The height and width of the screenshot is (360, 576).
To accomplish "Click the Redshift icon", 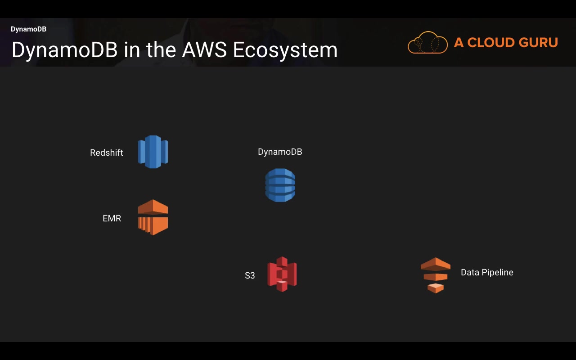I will [x=153, y=152].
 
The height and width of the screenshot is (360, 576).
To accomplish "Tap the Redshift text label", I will [x=107, y=153].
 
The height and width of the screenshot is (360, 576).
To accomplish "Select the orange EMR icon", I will [x=153, y=218].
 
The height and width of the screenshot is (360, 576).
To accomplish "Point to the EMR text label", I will [x=112, y=219].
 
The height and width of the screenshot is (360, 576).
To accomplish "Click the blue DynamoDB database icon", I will [x=280, y=185].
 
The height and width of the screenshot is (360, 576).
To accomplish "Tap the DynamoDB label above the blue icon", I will [x=280, y=152].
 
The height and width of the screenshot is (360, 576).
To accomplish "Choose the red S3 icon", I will [x=282, y=274].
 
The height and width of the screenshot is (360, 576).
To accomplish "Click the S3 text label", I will [x=250, y=275].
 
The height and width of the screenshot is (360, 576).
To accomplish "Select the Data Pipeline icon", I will [x=435, y=275].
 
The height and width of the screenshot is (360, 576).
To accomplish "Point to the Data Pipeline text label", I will [x=487, y=273].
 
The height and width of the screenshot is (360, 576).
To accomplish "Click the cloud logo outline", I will [x=427, y=43].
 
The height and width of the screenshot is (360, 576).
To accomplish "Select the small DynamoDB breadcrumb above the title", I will [x=28, y=29].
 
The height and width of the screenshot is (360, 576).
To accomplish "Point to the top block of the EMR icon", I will [x=153, y=207].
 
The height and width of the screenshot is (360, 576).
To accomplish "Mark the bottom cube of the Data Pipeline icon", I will [x=435, y=288].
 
